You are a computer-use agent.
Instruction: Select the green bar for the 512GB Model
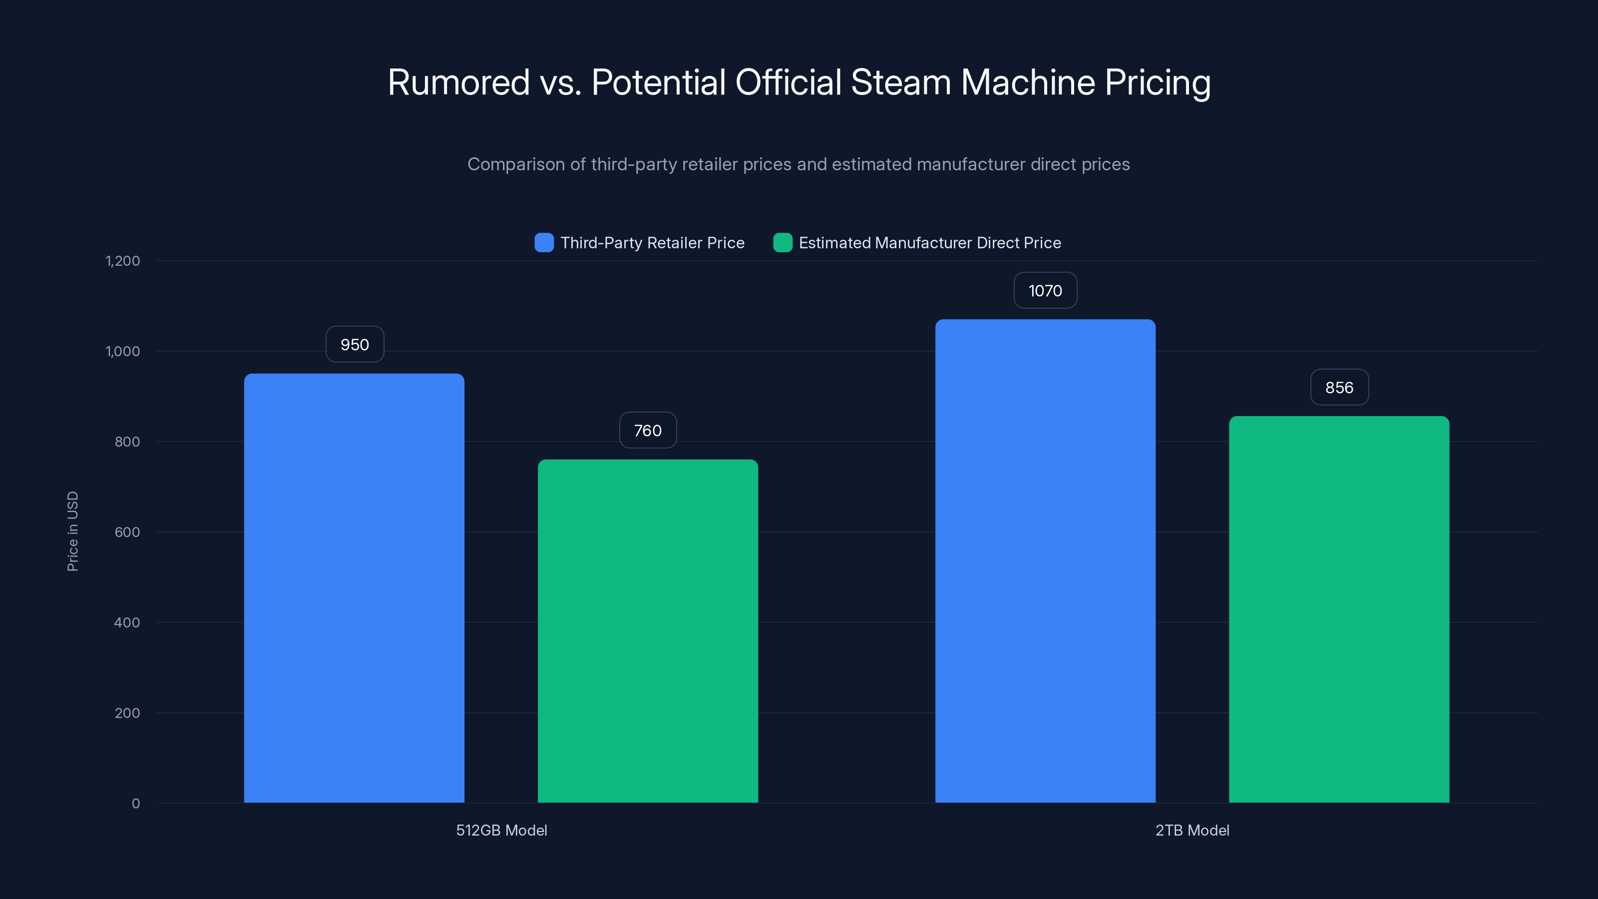coord(648,630)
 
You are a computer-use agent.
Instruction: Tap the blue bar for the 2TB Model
coord(1045,560)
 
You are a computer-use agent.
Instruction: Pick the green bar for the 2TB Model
coord(1339,609)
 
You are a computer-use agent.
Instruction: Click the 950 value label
coord(355,344)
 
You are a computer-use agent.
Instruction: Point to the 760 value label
coord(648,431)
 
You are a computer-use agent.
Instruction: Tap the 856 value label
coord(1339,388)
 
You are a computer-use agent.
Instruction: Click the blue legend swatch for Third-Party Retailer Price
coord(544,243)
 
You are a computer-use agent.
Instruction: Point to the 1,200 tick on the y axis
coord(123,261)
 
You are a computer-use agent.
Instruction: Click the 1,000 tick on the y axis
coord(123,351)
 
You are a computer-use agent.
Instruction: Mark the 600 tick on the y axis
coord(127,532)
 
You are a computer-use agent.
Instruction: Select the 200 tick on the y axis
coord(127,713)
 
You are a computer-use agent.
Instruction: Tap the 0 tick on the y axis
coord(136,804)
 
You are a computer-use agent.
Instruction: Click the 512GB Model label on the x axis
coord(501,830)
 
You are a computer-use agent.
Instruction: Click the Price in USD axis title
coord(72,531)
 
